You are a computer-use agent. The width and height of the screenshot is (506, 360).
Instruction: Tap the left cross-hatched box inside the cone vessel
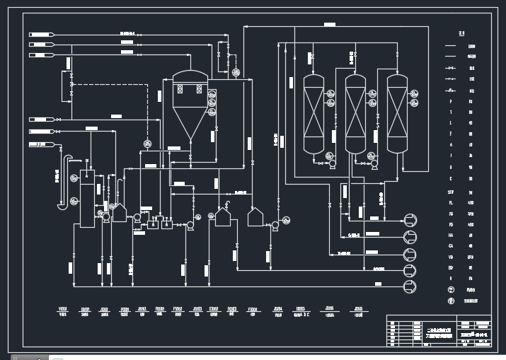point(180,90)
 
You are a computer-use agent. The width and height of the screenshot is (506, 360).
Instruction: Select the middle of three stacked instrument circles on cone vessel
point(212,101)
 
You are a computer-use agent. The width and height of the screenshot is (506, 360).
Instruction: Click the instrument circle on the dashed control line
point(148,144)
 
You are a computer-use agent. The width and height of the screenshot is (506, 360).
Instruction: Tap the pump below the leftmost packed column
point(330,163)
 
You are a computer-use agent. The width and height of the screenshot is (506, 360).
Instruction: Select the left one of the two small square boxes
point(152,224)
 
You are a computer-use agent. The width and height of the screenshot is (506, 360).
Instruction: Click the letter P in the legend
point(451,102)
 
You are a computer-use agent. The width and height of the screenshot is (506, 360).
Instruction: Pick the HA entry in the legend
point(451,235)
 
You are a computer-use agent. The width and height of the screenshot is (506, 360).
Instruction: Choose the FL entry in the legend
point(451,202)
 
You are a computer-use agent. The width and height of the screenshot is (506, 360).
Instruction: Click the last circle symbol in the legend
point(451,301)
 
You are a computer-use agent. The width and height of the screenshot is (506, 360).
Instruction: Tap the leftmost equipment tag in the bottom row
point(63,311)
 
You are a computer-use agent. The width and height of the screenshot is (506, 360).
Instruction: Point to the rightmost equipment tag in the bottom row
point(359,311)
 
